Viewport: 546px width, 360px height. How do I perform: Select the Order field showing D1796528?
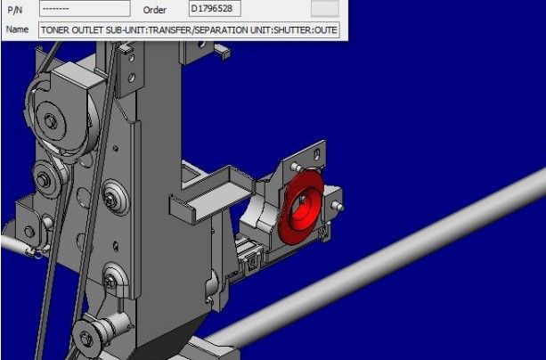point(215,9)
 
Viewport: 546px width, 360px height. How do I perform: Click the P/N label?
point(15,10)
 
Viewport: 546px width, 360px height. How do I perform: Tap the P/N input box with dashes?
point(85,9)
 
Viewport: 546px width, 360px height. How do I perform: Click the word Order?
point(155,10)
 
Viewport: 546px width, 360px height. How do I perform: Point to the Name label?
point(18,29)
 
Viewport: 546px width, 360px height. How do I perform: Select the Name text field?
point(189,30)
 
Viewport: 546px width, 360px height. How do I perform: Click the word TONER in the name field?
point(55,30)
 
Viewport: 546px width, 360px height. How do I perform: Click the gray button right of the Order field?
point(324,8)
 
